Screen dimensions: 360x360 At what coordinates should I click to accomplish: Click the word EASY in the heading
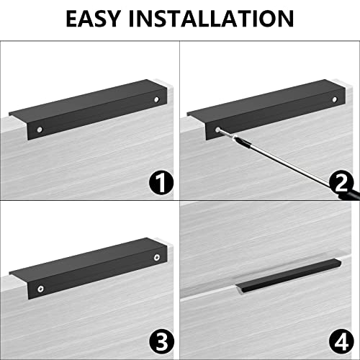point(93,19)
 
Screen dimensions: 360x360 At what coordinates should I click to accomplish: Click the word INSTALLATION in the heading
point(211,19)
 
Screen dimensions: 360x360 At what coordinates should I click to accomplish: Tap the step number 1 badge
point(161,183)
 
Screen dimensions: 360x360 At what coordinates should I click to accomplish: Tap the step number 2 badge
point(341,183)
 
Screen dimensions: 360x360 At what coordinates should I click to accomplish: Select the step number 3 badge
point(162,342)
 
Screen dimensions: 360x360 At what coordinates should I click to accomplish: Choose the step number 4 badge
point(341,342)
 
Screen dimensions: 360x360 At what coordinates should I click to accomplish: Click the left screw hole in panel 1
point(40,130)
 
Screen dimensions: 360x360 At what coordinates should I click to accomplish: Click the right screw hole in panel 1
point(156,99)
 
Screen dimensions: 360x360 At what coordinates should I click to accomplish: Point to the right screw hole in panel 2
point(335,99)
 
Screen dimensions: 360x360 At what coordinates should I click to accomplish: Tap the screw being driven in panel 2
point(218,130)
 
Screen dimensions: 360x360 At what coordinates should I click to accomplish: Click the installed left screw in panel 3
point(40,289)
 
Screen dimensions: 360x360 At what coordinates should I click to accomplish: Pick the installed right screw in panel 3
point(157,258)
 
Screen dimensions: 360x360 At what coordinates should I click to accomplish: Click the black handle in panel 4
point(288,276)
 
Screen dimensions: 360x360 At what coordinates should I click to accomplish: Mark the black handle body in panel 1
point(96,113)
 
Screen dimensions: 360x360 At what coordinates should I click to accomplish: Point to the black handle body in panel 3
point(96,271)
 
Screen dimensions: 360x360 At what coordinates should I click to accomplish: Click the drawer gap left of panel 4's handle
point(207,291)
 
